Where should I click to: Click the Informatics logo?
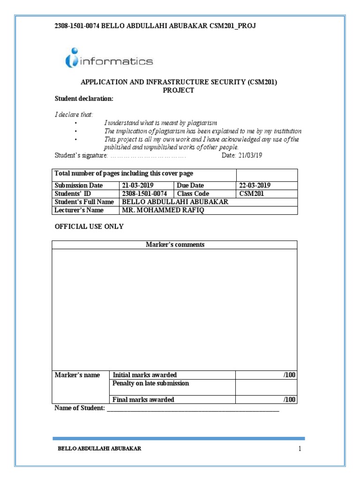coord(109,59)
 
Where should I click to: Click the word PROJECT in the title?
coord(178,90)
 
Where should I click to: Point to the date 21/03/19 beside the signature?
coord(250,156)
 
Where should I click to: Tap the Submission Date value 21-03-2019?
coord(138,185)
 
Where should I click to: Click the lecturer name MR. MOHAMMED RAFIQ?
coord(163,210)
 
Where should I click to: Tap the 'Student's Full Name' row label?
coord(84,202)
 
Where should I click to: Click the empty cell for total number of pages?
coord(266,174)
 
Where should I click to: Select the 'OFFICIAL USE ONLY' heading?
coord(90,226)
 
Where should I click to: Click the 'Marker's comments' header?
coord(175,245)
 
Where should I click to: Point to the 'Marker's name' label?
coord(77,375)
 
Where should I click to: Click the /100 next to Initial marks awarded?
coord(290,375)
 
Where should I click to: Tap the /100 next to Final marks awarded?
coord(290,400)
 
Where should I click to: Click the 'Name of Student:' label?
coord(80,408)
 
